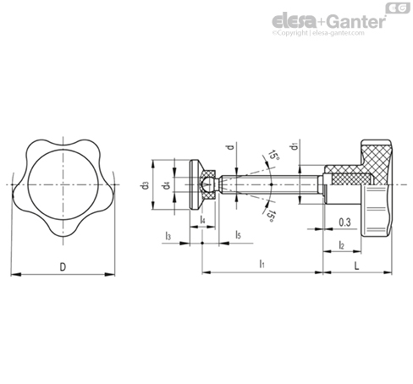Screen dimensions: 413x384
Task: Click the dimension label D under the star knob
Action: [63, 266]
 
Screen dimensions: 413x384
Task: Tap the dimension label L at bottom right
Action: [357, 266]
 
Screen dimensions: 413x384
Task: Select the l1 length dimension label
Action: [262, 264]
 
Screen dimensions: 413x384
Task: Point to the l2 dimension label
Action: [341, 245]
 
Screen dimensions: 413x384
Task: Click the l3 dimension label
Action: [168, 235]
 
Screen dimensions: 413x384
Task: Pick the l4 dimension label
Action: [202, 220]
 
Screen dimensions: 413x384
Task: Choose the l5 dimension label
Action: [239, 234]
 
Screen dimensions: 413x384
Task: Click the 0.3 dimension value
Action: [344, 222]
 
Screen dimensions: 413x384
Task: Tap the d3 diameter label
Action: [146, 185]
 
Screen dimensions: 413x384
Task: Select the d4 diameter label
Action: [167, 185]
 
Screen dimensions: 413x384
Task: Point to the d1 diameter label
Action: [295, 146]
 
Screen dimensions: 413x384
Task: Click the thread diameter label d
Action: [231, 147]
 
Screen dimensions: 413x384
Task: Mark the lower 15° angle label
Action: [270, 216]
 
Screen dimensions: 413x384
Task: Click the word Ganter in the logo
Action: [357, 22]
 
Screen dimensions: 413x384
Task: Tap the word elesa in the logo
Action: [294, 22]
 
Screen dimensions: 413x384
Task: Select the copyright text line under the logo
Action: [318, 33]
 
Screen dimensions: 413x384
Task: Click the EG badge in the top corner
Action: [398, 8]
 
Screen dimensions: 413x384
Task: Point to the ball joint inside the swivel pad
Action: [206, 185]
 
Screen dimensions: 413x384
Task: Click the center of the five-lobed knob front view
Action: [63, 184]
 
